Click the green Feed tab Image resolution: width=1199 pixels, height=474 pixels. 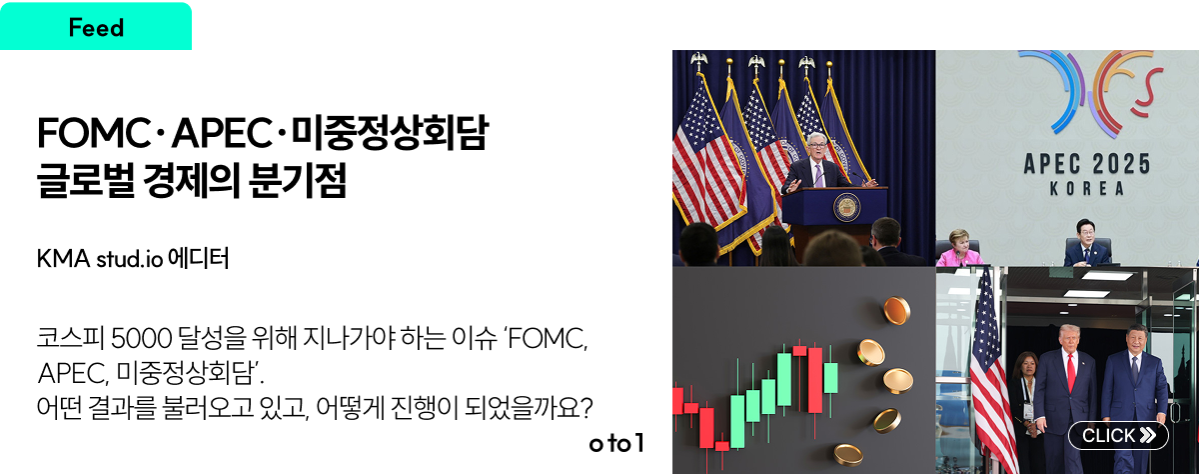coord(96,26)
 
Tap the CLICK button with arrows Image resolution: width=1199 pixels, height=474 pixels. coord(1118,435)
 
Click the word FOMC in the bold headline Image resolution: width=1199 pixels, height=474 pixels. coord(94,133)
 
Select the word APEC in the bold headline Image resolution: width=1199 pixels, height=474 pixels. coord(221,133)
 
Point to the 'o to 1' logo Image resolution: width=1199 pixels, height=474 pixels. coord(616,443)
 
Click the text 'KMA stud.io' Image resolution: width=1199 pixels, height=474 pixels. coord(100,259)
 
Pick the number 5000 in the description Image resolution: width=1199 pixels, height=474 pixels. coord(141,338)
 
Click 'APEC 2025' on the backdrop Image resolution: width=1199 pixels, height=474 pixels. coord(1087,164)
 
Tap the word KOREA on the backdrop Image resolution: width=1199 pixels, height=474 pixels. coord(1087,189)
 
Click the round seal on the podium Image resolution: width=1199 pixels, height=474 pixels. coord(847,208)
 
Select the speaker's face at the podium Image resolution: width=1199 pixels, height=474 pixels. coord(817,147)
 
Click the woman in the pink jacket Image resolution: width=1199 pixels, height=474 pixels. coord(960,249)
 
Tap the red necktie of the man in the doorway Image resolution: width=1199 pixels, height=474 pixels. coord(1071,372)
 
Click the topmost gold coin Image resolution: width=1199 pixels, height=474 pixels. coord(896,311)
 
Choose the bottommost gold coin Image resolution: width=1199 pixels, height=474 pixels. coord(848,454)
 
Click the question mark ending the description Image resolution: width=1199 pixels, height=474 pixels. coord(587,408)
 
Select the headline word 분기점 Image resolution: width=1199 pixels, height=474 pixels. coord(298,180)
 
